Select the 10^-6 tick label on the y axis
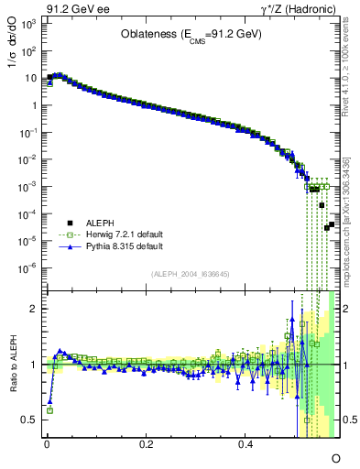pyautogui.click(x=27, y=267)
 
